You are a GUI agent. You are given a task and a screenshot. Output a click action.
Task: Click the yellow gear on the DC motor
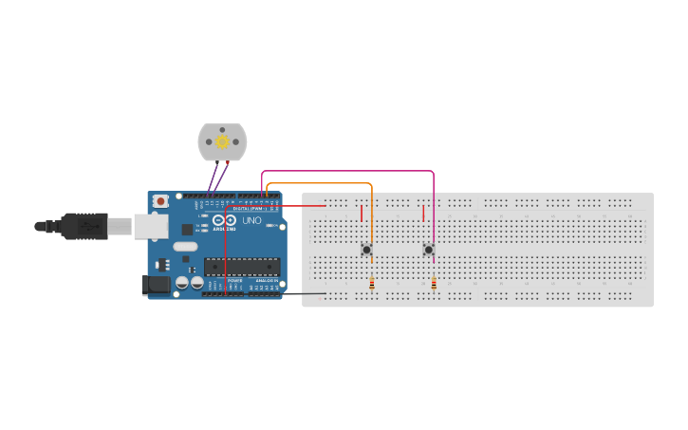pyautogui.click(x=222, y=142)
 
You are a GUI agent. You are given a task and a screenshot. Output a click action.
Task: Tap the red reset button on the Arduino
pyautogui.click(x=160, y=201)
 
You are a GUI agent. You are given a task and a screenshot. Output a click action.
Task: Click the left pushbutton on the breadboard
pyautogui.click(x=366, y=250)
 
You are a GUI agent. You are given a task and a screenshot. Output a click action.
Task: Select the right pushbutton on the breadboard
pyautogui.click(x=428, y=250)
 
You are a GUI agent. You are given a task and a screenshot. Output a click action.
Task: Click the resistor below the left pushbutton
pyautogui.click(x=372, y=284)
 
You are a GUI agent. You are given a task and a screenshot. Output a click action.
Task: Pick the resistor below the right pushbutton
pyautogui.click(x=434, y=284)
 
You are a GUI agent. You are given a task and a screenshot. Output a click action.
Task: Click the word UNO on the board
pyautogui.click(x=251, y=220)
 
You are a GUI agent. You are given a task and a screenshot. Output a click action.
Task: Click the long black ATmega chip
pyautogui.click(x=242, y=267)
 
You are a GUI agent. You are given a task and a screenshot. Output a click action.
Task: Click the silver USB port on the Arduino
pyautogui.click(x=150, y=226)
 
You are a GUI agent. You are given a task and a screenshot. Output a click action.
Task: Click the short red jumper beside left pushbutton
pyautogui.click(x=362, y=214)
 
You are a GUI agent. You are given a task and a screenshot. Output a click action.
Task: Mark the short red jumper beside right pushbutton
pyautogui.click(x=423, y=214)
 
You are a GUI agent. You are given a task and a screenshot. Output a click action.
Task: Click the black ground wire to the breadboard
pyautogui.click(x=294, y=294)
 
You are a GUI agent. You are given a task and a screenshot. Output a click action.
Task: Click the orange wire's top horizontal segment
pyautogui.click(x=319, y=183)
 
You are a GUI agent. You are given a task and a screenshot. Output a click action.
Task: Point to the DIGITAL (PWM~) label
pyautogui.click(x=249, y=207)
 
